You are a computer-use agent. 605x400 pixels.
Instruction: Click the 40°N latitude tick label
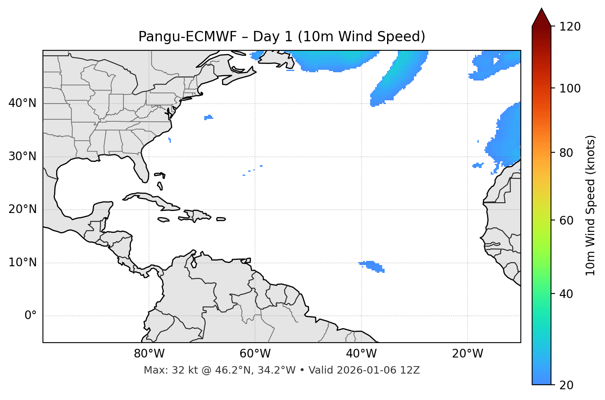[22, 103]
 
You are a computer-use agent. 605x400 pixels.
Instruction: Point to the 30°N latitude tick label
[22, 156]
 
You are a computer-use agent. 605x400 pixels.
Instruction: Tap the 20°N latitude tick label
[22, 209]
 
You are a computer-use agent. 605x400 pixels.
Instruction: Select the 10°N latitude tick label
[22, 263]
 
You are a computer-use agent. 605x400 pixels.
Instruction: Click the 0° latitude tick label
[30, 316]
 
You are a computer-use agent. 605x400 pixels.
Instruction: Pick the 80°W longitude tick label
[149, 354]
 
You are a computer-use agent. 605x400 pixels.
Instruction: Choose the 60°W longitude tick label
[255, 354]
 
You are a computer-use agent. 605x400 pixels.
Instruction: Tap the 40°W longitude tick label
[361, 354]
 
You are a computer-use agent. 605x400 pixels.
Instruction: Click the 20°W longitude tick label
[467, 354]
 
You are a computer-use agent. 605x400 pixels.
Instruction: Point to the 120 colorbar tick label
[570, 27]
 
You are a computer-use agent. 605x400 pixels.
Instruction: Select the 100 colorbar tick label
[570, 88]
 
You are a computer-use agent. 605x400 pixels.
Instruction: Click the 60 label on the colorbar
[566, 220]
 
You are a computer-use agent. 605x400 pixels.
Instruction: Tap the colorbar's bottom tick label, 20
[566, 385]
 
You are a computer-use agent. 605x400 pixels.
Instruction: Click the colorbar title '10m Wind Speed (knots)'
[591, 205]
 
